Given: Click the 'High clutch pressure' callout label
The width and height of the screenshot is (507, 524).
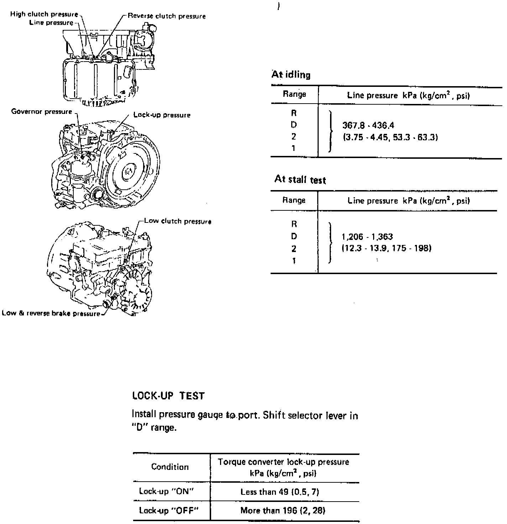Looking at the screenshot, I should (x=44, y=14).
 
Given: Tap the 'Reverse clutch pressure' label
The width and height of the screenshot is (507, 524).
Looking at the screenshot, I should (x=167, y=16).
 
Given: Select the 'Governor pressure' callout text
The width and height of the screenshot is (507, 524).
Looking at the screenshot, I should (x=42, y=112).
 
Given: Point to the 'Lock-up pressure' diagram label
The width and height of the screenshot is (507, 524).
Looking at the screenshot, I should (x=162, y=115).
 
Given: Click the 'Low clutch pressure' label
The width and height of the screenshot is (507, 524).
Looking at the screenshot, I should (x=177, y=221).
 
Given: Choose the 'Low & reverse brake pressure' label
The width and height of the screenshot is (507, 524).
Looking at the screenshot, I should (x=51, y=314).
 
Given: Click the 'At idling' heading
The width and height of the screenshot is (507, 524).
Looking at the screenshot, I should (x=291, y=75).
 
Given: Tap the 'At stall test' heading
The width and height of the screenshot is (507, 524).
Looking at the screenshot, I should (x=300, y=179).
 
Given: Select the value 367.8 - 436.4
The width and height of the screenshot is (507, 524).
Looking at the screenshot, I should (x=368, y=125).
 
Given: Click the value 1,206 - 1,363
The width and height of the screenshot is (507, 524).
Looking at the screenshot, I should (x=367, y=237).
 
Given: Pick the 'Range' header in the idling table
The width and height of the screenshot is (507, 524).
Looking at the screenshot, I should (x=294, y=94).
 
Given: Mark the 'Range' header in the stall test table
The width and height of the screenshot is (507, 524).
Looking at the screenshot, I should (x=294, y=200).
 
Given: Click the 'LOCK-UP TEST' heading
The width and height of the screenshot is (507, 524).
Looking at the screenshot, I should (x=168, y=396).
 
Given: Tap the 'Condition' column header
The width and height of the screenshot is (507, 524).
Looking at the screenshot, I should (x=170, y=467).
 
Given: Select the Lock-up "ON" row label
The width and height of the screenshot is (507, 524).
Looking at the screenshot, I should (x=166, y=491).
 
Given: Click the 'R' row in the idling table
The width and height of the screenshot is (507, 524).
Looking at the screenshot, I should (x=294, y=113).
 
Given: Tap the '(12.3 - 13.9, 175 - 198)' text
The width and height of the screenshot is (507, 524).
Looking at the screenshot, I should (x=386, y=248).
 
